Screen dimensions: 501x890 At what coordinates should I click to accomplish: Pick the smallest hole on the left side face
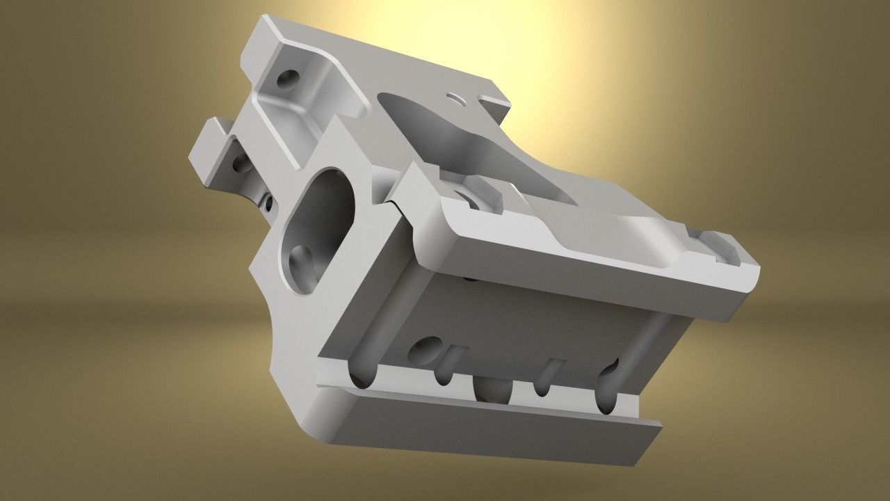266,204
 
